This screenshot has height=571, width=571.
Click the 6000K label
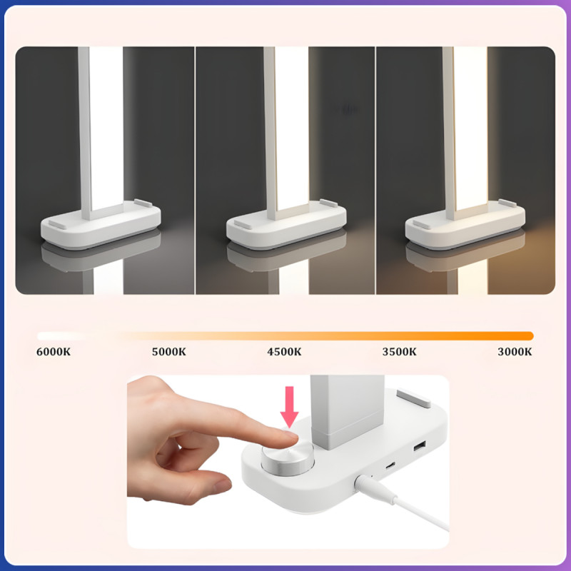pos(54,352)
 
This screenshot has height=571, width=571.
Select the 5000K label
pos(169,352)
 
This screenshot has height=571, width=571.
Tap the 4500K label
pos(284,352)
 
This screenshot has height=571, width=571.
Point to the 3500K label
pos(400,352)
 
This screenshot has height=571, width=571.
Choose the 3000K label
pos(515,352)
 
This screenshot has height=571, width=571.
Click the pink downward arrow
pos(290,407)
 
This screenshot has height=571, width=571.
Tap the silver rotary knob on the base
pos(288,458)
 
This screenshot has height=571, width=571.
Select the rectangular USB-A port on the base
pos(420,445)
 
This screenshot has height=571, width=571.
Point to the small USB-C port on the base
pos(390,465)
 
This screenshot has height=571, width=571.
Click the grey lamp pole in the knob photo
pos(347,412)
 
